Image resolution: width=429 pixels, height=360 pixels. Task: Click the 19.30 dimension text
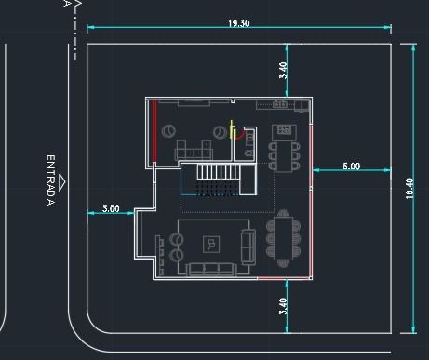coord(239,23)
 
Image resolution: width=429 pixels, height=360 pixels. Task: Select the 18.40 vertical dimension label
coord(409,188)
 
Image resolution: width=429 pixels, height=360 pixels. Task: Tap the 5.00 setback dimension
coord(351,167)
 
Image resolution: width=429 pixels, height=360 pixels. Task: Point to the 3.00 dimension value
coord(111,208)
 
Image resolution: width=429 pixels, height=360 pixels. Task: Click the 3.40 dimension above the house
coord(283,69)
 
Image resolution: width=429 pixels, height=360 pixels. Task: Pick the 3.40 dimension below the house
coord(283,307)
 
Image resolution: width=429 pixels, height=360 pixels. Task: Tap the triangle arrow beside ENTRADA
coord(62,180)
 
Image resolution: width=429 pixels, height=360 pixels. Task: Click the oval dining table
coord(283,238)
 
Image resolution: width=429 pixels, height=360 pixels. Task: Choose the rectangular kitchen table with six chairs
coord(284,154)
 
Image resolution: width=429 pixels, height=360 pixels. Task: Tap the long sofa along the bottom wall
coord(210,270)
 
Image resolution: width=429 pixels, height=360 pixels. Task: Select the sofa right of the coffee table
coord(248,245)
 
